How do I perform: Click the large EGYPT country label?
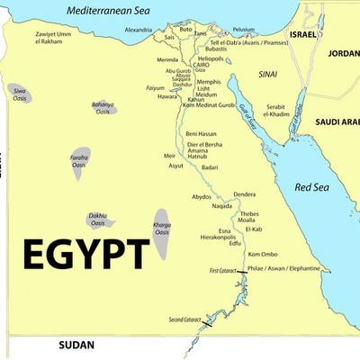(x=86, y=254)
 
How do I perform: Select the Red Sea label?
(x=312, y=189)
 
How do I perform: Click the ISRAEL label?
(x=303, y=33)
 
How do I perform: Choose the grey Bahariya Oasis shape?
(x=106, y=113)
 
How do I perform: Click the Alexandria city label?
(x=138, y=30)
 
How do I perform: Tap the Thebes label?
(x=249, y=214)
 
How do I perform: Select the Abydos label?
(x=202, y=196)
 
